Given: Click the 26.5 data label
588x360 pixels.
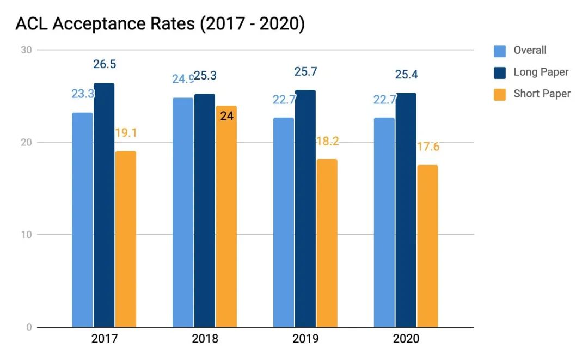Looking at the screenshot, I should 104,64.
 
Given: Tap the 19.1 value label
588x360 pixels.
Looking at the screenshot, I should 125,132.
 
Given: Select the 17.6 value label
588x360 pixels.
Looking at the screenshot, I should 427,147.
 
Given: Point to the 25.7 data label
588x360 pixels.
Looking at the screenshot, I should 305,71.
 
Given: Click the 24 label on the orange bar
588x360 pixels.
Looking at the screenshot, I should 226,116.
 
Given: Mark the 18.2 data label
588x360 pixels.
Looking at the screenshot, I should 327,141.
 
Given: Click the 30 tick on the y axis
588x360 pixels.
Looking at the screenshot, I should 27,50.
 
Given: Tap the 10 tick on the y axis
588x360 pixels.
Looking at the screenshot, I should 27,235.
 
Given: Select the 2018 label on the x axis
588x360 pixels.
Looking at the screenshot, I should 205,339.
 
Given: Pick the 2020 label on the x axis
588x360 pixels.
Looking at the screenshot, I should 406,339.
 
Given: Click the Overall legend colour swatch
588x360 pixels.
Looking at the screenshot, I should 500,51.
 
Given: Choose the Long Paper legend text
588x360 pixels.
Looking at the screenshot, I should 541,72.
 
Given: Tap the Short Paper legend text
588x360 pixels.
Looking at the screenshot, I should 542,94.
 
